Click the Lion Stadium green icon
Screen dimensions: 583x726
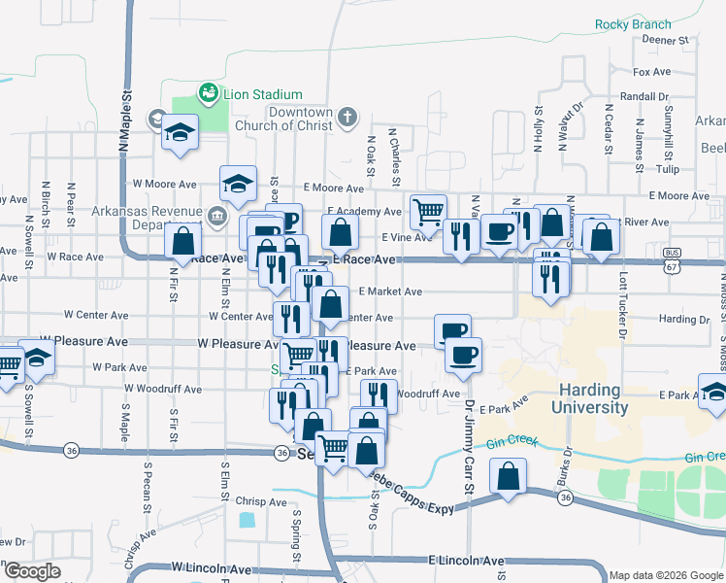coord(207,93)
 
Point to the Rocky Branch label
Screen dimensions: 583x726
coord(633,24)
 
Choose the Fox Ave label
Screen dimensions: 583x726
coord(651,72)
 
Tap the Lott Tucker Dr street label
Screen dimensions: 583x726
coord(622,292)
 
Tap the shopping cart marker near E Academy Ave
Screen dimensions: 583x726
coord(428,209)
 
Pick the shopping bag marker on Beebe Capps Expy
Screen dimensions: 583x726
coord(508,477)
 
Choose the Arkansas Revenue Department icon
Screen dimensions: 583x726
coord(215,214)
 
